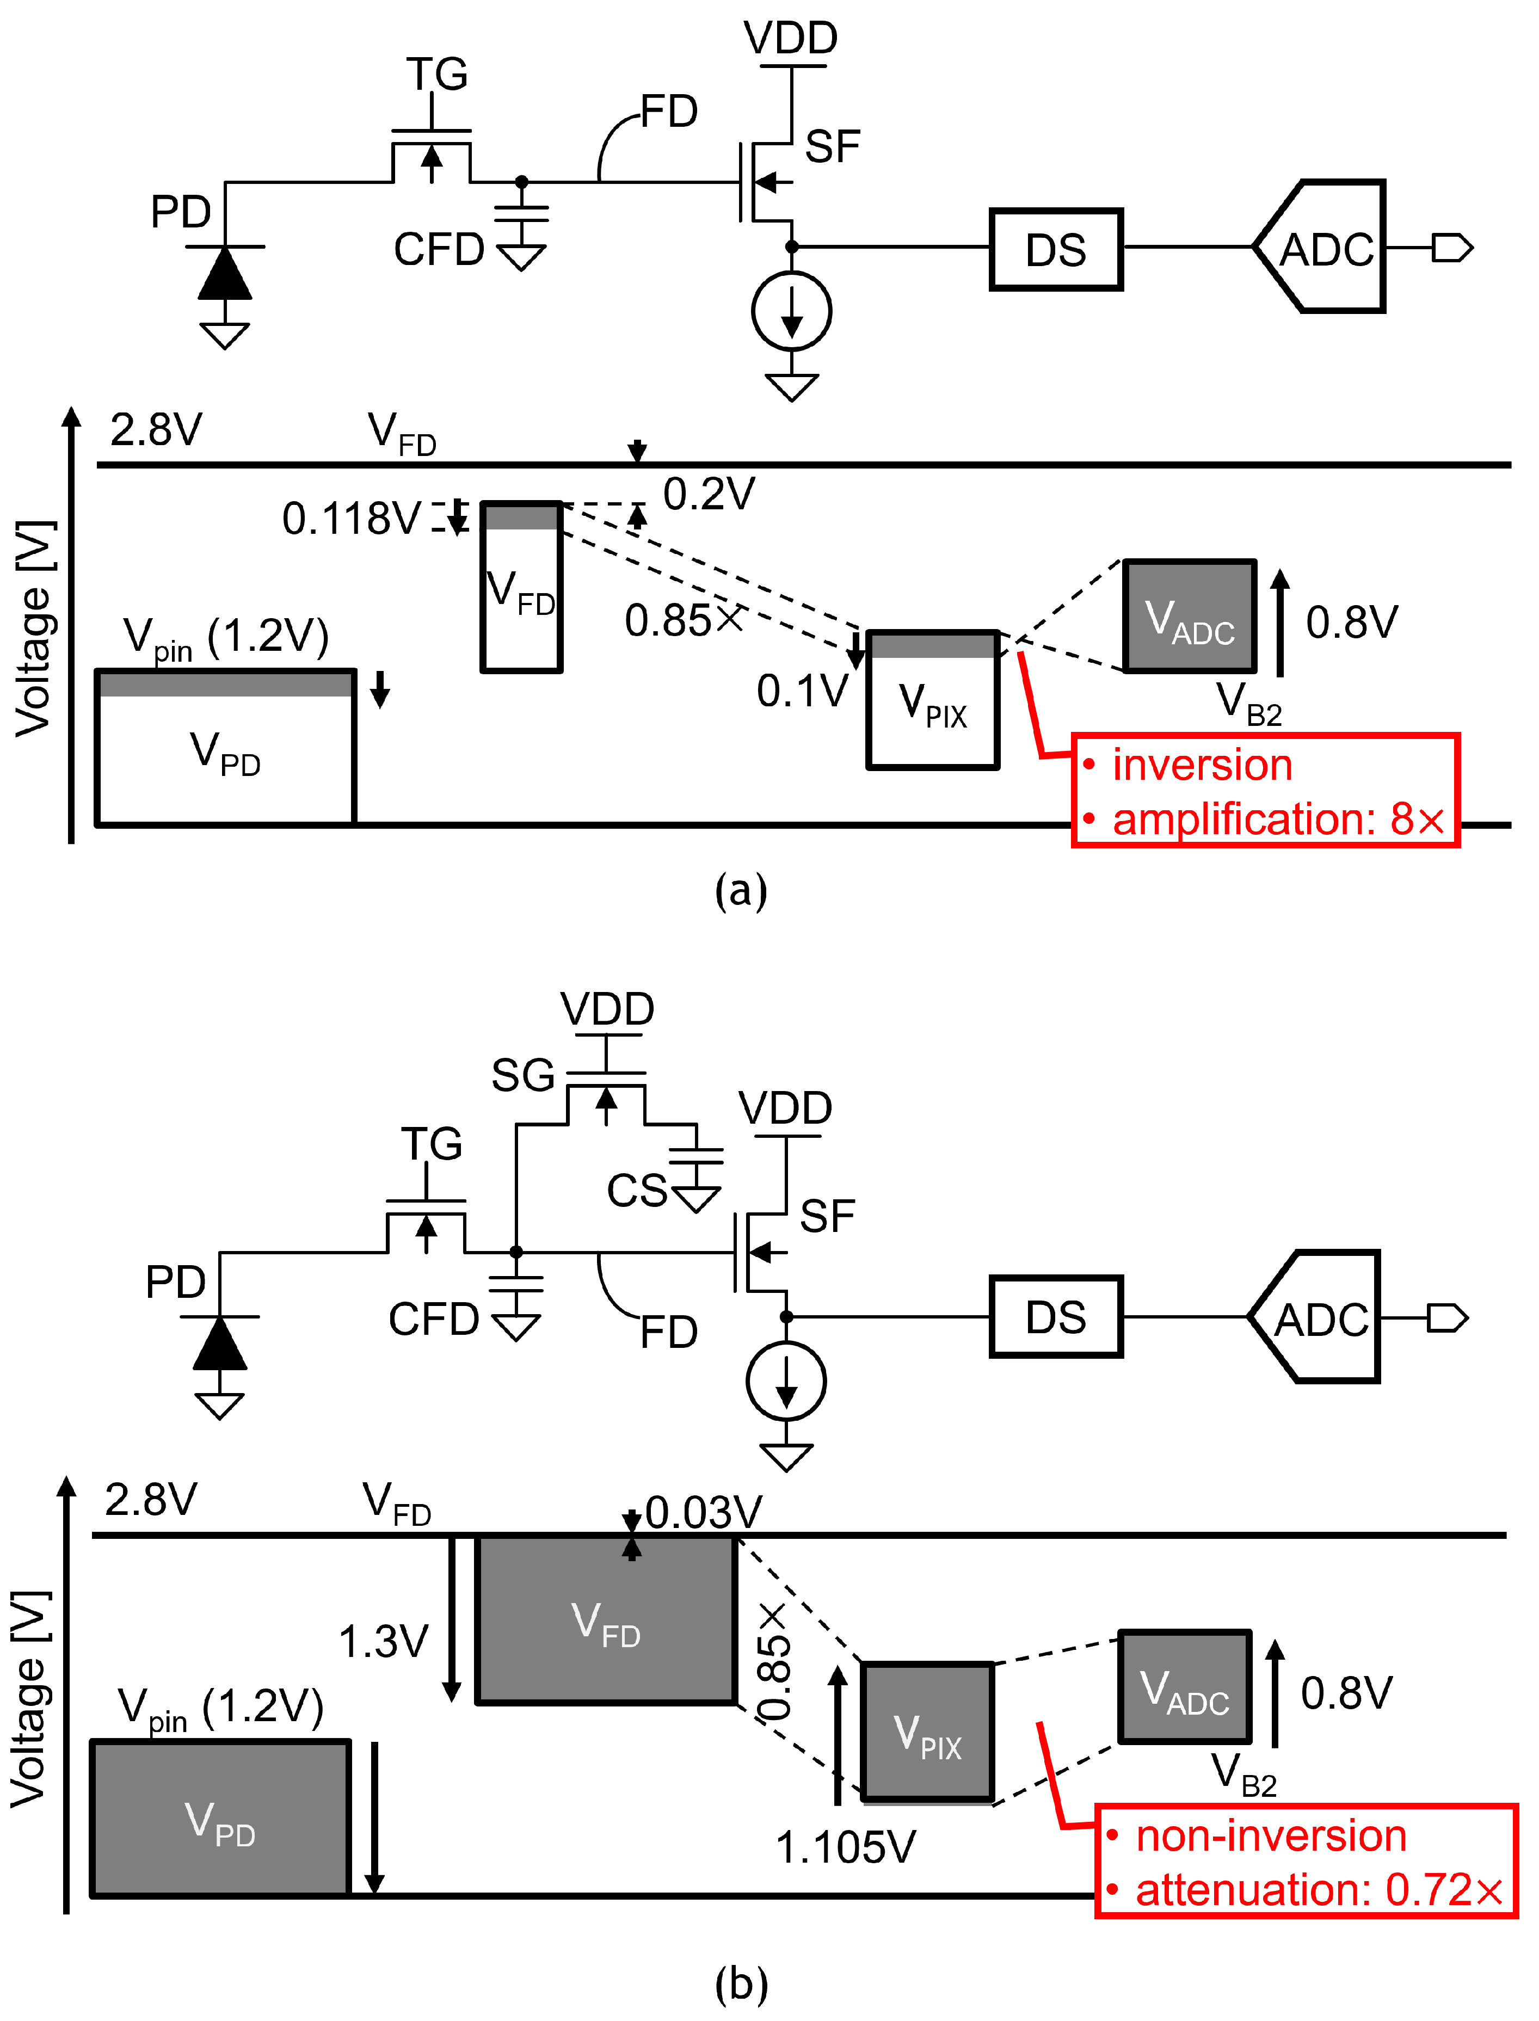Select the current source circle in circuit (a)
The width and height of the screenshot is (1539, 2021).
coord(791,311)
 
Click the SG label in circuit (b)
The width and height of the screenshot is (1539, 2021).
coord(522,1075)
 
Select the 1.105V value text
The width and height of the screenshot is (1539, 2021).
coord(845,1847)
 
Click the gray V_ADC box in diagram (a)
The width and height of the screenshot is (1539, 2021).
coord(1189,617)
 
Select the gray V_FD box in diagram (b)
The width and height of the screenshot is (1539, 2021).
coord(606,1620)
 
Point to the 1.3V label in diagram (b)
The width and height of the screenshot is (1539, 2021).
coord(383,1642)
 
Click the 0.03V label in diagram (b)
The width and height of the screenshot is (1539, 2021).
coord(703,1513)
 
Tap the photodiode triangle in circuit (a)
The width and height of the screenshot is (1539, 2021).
coord(224,274)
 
